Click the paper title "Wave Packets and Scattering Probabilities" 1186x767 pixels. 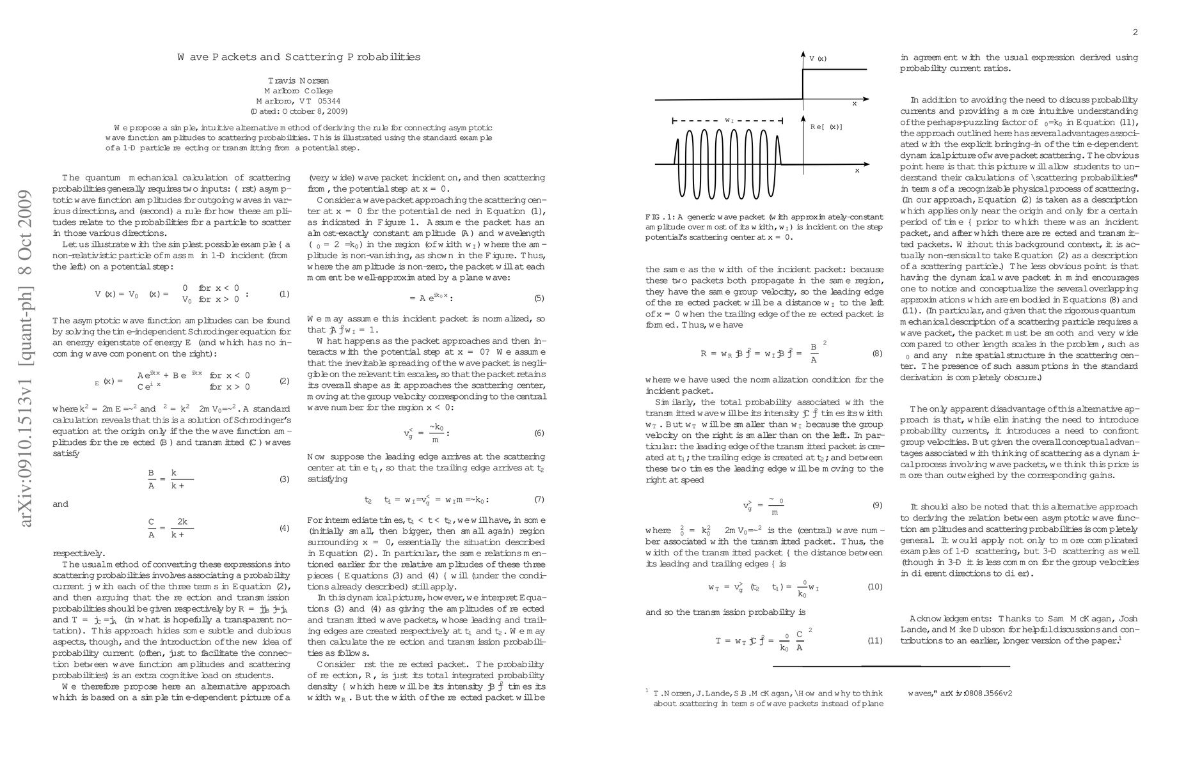point(299,57)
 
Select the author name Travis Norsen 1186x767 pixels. point(298,81)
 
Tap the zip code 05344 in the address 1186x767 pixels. point(329,101)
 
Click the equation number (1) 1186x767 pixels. point(285,294)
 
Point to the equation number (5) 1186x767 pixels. point(539,298)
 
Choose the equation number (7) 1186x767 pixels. point(539,500)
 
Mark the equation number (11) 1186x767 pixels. point(874,640)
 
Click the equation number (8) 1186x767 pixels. point(877,353)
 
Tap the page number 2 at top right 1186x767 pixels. point(1135,33)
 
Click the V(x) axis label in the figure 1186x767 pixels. point(818,59)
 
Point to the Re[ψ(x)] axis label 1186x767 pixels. point(826,127)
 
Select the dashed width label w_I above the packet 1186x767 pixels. point(729,120)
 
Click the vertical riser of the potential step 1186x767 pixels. point(803,84)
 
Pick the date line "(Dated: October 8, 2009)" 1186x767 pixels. point(299,111)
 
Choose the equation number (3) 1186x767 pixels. point(285,479)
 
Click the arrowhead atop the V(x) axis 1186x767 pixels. point(803,54)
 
